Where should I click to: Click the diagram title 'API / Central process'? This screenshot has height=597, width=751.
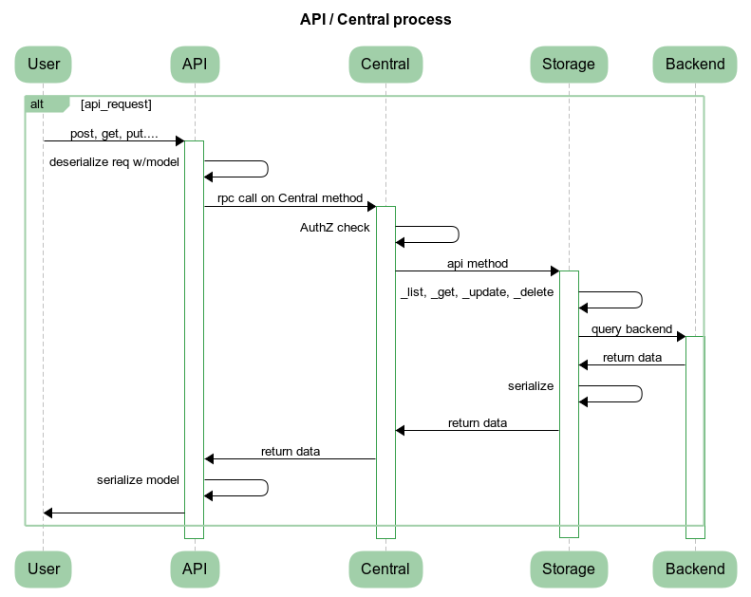point(375,19)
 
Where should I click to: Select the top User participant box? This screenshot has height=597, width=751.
point(44,65)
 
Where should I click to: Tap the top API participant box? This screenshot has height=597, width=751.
point(195,65)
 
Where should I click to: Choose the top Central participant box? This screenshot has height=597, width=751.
point(385,65)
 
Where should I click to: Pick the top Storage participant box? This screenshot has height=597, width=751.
point(568,65)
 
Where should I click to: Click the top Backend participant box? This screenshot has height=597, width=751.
point(695,65)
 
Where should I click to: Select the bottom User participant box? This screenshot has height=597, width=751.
point(44,569)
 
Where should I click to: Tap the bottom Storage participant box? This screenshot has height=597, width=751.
point(568,569)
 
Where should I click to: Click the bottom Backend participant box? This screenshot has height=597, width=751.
point(695,569)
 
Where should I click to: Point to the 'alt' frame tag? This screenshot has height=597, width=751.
point(38,103)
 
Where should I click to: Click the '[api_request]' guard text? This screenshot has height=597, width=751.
point(117,103)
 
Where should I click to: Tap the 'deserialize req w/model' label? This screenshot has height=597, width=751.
point(114,161)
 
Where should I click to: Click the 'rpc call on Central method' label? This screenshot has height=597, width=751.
point(290,198)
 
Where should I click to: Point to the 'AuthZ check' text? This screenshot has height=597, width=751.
point(335,227)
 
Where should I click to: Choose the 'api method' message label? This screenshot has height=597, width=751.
point(478,264)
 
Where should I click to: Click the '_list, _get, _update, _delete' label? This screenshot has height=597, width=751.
point(477,292)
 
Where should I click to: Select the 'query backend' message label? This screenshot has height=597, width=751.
point(631,329)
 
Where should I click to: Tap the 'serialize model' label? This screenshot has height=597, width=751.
point(138,479)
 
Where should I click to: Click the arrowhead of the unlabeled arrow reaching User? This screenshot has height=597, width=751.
point(48,513)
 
